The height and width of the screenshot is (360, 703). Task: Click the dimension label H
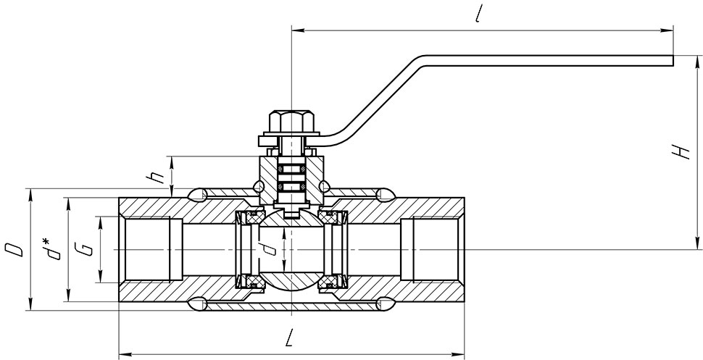tap(683, 152)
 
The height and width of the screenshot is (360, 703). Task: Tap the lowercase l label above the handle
tap(479, 15)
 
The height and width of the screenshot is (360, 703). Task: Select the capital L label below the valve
tap(290, 338)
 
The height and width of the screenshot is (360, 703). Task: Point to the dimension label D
tap(14, 250)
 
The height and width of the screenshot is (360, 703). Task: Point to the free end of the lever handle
tap(673, 61)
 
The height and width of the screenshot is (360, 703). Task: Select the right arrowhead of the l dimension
tap(667, 30)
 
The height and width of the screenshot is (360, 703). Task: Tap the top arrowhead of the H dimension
tap(697, 62)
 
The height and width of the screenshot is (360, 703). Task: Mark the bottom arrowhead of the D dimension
tap(30, 304)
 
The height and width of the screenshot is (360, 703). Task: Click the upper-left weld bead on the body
tap(198, 195)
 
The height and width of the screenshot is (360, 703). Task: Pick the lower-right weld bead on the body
tap(386, 304)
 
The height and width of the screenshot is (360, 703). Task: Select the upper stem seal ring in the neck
tap(291, 169)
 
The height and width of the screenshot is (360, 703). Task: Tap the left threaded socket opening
tap(148, 249)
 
